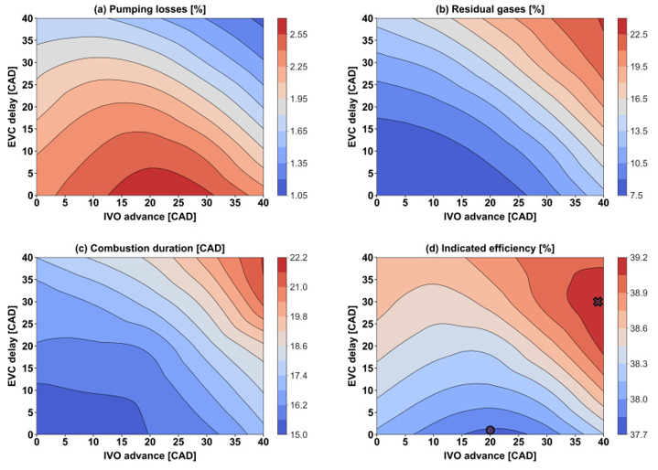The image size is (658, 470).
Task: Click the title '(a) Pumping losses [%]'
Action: pyautogui.click(x=149, y=7)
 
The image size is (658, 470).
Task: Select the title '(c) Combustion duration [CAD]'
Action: pyautogui.click(x=149, y=247)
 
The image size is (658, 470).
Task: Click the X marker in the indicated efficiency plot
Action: pyautogui.click(x=598, y=302)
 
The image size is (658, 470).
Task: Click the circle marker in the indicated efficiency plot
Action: pyautogui.click(x=491, y=430)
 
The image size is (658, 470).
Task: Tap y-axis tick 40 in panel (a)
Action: pyautogui.click(x=25, y=18)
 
